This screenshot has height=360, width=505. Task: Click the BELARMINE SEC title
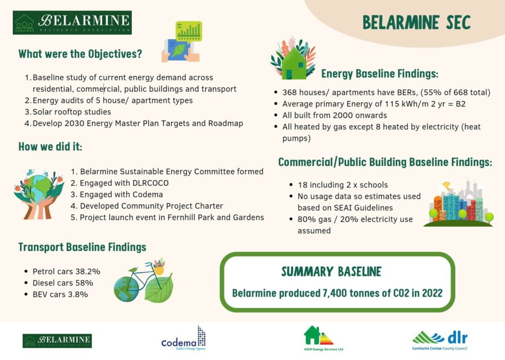coord(416,23)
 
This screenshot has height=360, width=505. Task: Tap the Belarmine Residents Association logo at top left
coord(72,23)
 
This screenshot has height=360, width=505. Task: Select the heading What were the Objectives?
coord(80,54)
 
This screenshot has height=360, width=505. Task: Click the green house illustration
coord(293,61)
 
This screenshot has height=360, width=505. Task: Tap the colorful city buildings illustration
coord(458,205)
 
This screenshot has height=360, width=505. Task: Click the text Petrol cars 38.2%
coord(66,271)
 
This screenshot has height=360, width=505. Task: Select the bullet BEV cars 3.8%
coord(60,294)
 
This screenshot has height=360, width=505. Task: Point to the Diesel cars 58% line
coord(62,283)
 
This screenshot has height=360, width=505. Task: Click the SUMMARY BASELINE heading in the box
coord(331,271)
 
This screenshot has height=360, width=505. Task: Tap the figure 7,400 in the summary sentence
coord(336,293)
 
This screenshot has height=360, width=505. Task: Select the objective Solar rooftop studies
coord(72,112)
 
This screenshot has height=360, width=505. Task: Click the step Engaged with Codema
coord(121,194)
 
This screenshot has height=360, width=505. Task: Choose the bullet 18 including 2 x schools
coord(343,185)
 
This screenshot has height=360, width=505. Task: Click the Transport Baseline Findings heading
coord(82,247)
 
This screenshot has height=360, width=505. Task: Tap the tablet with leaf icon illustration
coord(182,42)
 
